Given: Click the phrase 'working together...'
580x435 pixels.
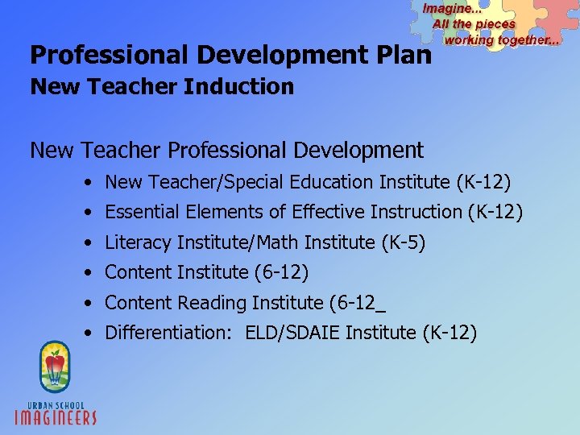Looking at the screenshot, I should click(501, 39).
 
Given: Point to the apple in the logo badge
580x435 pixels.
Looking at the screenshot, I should click(55, 367).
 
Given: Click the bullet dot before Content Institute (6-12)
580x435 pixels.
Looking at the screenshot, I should click(86, 273).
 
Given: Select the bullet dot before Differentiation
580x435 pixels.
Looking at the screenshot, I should click(86, 333).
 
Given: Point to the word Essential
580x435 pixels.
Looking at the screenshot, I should click(140, 212).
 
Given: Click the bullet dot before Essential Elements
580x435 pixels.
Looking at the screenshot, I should click(86, 213).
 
